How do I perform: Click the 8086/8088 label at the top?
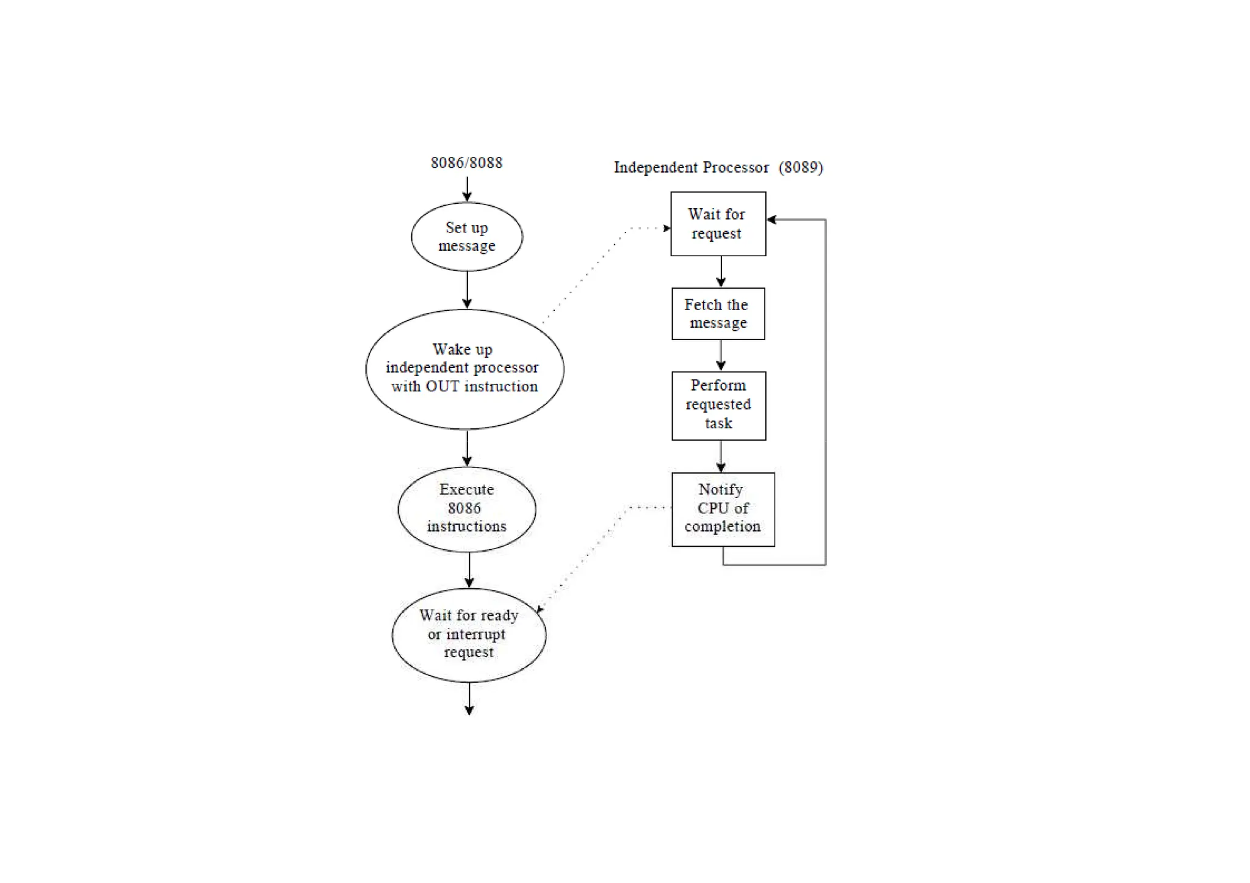tap(466, 163)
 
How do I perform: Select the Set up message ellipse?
tap(467, 237)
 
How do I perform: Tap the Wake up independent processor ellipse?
tap(464, 369)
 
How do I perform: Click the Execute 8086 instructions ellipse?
tap(467, 508)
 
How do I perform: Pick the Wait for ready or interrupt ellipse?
tap(469, 634)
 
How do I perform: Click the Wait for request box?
tap(718, 224)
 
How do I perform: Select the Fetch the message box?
tap(718, 314)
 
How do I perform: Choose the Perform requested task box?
tap(718, 405)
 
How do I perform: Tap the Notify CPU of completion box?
tap(723, 509)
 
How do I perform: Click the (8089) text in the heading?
tap(801, 168)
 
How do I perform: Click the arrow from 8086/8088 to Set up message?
tap(467, 189)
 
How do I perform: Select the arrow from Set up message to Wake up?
tap(467, 290)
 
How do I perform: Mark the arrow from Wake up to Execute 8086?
tap(467, 448)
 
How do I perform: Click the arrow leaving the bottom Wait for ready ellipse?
tap(469, 699)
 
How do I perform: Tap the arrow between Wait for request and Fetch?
tap(721, 272)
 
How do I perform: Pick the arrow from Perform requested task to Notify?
tap(721, 456)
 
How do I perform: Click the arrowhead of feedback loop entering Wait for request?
tap(772, 220)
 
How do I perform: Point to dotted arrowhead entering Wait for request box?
tap(667, 228)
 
